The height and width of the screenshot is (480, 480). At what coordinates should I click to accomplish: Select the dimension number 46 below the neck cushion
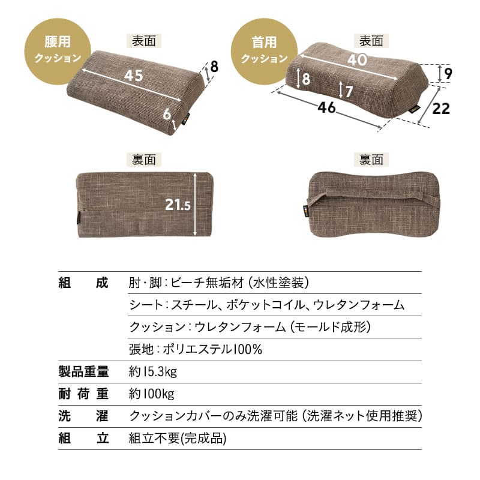[x=327, y=109]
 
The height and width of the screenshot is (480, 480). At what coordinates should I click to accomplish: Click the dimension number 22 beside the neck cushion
[x=440, y=109]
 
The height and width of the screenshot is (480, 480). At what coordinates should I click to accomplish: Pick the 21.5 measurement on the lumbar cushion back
[x=178, y=205]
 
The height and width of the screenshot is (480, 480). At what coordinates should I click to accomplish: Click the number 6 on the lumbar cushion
[x=167, y=113]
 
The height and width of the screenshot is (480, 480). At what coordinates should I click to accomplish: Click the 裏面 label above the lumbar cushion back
[x=144, y=159]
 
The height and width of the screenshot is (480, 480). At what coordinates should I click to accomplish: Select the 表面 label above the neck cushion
[x=371, y=41]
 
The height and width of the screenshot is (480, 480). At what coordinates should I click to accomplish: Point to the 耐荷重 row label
[x=83, y=394]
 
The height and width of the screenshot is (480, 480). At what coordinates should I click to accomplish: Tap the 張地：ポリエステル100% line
[x=195, y=349]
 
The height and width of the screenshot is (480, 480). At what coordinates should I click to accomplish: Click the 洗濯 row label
[x=83, y=416]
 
